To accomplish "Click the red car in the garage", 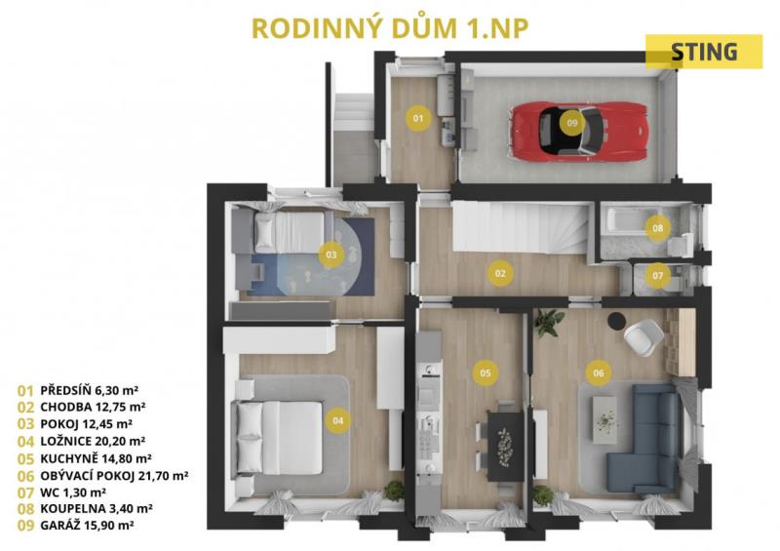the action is (578, 132).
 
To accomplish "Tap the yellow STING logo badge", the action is (703, 52).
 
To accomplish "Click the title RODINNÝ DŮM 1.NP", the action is (390, 28).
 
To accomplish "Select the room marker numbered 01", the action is (418, 118).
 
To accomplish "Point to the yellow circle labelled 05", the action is (486, 373).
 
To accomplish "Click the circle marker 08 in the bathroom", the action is (657, 228).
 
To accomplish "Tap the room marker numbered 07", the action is (657, 275).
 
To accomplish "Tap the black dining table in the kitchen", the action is (505, 446).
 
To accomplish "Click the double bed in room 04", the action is (280, 438).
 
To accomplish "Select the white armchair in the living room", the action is (643, 337).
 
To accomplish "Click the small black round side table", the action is (617, 320).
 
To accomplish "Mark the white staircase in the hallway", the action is (521, 226).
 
